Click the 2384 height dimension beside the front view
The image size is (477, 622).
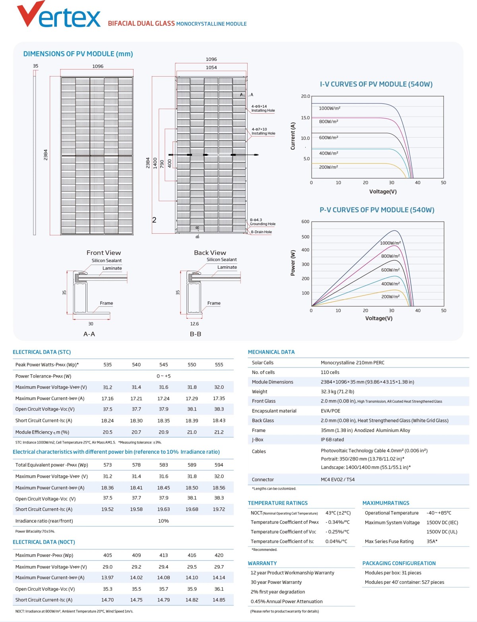pyautogui.click(x=46, y=155)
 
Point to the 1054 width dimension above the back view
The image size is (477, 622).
pyautogui.click(x=211, y=68)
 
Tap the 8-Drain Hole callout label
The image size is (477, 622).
pyautogui.click(x=261, y=232)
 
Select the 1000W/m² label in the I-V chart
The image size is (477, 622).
pyautogui.click(x=330, y=108)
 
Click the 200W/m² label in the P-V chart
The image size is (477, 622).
pyautogui.click(x=390, y=296)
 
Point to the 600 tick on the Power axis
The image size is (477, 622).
pyautogui.click(x=305, y=222)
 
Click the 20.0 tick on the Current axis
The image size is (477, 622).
pyautogui.click(x=305, y=96)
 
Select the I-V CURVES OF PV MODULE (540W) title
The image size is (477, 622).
pyautogui.click(x=376, y=84)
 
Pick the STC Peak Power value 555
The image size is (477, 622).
pyautogui.click(x=219, y=364)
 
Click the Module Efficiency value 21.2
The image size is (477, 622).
pyautogui.click(x=219, y=432)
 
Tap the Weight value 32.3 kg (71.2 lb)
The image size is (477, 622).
pyautogui.click(x=337, y=391)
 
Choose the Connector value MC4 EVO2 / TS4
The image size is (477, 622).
pyautogui.click(x=337, y=480)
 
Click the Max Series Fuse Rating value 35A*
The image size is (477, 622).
pyautogui.click(x=432, y=541)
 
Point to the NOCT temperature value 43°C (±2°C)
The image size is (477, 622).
pyautogui.click(x=338, y=513)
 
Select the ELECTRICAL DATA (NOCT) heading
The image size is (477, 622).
pyautogui.click(x=44, y=542)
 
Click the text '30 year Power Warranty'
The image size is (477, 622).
pyautogui.click(x=276, y=582)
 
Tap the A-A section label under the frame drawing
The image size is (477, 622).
pyautogui.click(x=89, y=334)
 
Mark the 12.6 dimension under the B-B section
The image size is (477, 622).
pyautogui.click(x=194, y=324)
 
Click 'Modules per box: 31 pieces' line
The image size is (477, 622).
pyautogui.click(x=393, y=573)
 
